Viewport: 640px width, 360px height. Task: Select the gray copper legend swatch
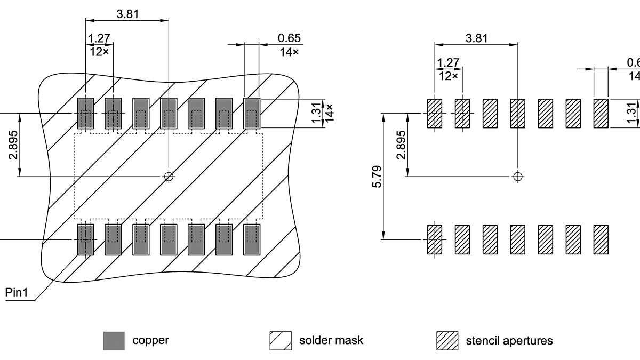click(x=114, y=340)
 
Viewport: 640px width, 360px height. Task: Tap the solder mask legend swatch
click(x=281, y=340)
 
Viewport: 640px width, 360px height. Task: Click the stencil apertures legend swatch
click(x=447, y=340)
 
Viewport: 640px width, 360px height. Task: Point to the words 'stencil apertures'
click(x=509, y=340)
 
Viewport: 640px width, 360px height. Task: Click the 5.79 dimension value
click(x=378, y=176)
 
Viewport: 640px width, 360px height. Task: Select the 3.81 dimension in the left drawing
click(x=127, y=14)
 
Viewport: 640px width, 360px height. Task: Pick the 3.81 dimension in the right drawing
click(x=476, y=38)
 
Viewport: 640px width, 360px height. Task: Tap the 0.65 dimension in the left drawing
click(x=289, y=38)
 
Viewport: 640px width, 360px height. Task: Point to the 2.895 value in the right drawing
click(x=401, y=145)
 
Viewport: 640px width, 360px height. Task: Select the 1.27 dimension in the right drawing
click(x=448, y=63)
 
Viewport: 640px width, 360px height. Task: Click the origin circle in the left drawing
click(x=169, y=176)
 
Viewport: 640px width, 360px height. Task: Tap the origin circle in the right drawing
click(x=517, y=176)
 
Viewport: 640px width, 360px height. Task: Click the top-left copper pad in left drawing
click(x=85, y=113)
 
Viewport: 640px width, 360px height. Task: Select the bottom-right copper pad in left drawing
click(x=252, y=239)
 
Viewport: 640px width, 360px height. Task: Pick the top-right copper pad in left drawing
click(x=252, y=113)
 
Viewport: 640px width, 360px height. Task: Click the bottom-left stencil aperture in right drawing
click(x=435, y=239)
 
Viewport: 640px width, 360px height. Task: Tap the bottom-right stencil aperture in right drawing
click(x=601, y=239)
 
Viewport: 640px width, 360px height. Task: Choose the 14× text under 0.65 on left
click(x=289, y=52)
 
